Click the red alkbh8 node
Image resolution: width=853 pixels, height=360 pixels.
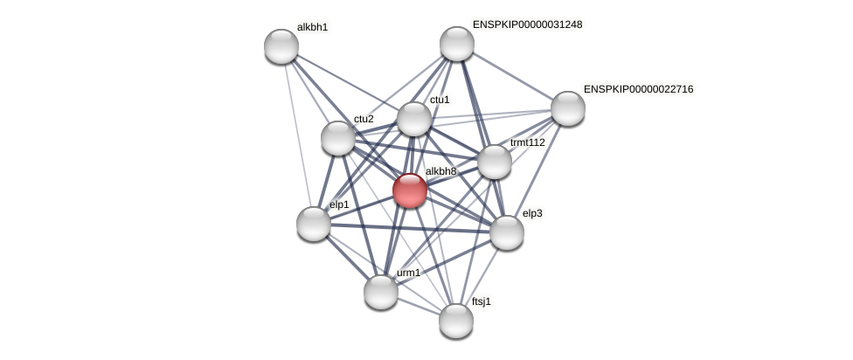(x=409, y=190)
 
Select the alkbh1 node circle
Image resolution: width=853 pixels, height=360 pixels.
(x=281, y=46)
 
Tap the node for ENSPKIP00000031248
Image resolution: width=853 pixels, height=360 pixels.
(x=456, y=44)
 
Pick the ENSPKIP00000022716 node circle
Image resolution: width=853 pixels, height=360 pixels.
(x=567, y=108)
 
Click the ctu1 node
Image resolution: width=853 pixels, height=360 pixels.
(x=414, y=119)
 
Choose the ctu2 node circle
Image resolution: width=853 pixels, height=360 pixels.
(x=338, y=138)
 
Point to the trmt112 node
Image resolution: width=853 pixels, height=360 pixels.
(x=495, y=162)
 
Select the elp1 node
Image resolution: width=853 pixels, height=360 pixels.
(x=314, y=224)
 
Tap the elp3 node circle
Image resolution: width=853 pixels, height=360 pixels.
(x=507, y=232)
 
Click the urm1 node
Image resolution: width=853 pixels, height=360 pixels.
(x=381, y=292)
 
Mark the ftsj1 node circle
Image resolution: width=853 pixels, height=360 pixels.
(x=456, y=321)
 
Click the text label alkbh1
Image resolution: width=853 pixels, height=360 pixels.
(x=312, y=27)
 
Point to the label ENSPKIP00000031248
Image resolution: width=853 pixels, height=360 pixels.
(x=527, y=24)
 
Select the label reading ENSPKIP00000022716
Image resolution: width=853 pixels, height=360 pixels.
(x=638, y=89)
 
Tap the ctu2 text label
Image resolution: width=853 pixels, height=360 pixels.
(x=364, y=119)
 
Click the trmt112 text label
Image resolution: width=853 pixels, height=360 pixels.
(x=528, y=142)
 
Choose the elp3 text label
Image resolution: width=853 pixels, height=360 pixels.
(x=532, y=213)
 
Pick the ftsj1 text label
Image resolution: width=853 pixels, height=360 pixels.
(x=482, y=302)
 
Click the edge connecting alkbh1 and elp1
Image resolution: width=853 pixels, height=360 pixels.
(x=298, y=135)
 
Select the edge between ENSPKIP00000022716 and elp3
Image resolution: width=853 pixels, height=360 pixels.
(x=537, y=170)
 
